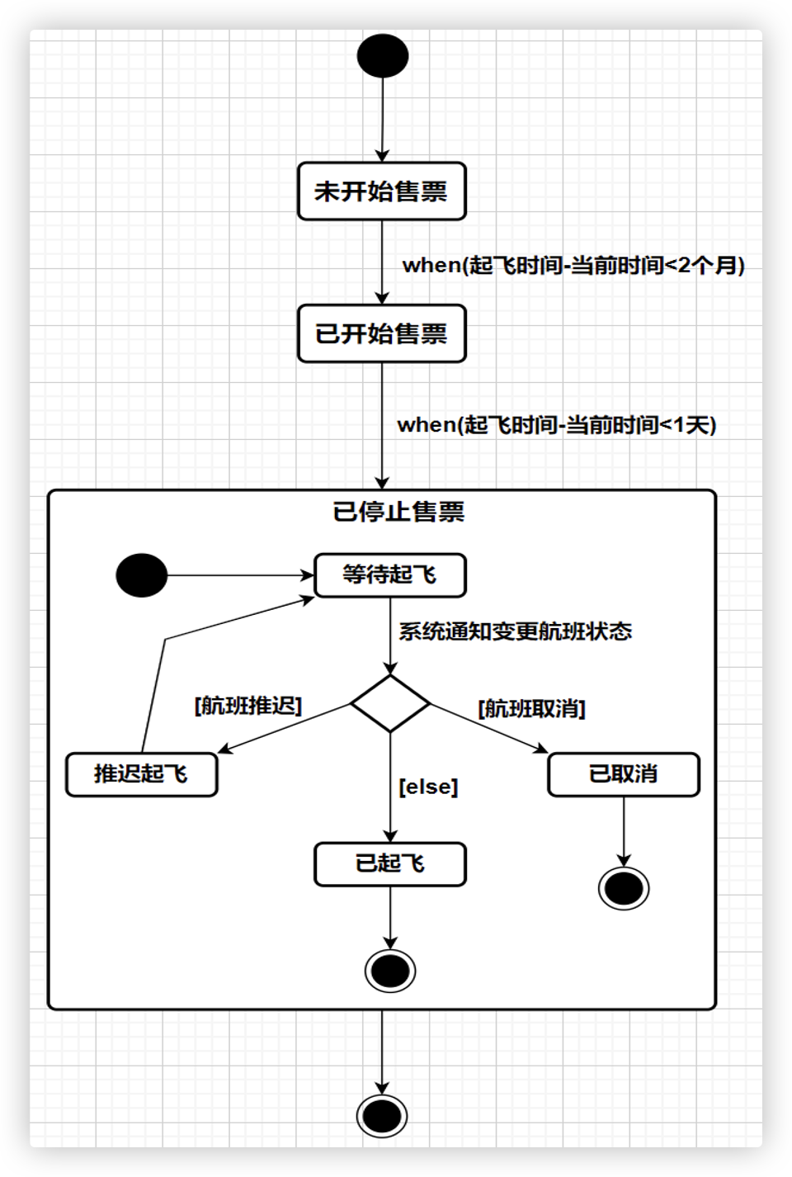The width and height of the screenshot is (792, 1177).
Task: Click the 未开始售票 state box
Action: (x=381, y=191)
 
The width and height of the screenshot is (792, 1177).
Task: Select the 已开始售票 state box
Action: (x=381, y=333)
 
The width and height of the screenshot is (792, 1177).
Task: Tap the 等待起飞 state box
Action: (x=389, y=574)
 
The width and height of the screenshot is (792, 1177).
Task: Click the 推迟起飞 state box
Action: (x=141, y=774)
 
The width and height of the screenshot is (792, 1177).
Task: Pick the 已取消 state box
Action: (x=623, y=774)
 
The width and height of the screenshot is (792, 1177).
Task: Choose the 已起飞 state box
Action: (x=389, y=863)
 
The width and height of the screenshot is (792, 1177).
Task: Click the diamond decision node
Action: (x=390, y=704)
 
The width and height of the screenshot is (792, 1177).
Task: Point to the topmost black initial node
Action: (x=382, y=56)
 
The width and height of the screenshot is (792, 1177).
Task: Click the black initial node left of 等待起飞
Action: (x=142, y=574)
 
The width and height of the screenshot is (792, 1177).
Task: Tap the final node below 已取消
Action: (x=623, y=888)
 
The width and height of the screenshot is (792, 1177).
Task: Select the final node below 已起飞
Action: (x=390, y=971)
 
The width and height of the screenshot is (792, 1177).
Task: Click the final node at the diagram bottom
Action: (x=382, y=1116)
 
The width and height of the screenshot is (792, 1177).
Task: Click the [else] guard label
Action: (x=428, y=787)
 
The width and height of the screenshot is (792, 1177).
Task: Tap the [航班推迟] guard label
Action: (x=248, y=706)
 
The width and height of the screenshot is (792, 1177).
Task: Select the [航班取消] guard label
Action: (x=531, y=708)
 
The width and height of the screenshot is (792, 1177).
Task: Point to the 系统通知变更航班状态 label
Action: (x=515, y=631)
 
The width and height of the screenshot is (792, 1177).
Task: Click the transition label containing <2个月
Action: (x=573, y=265)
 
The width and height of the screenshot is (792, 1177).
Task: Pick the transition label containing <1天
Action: (x=557, y=424)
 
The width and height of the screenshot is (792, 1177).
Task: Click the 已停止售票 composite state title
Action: (x=398, y=512)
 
